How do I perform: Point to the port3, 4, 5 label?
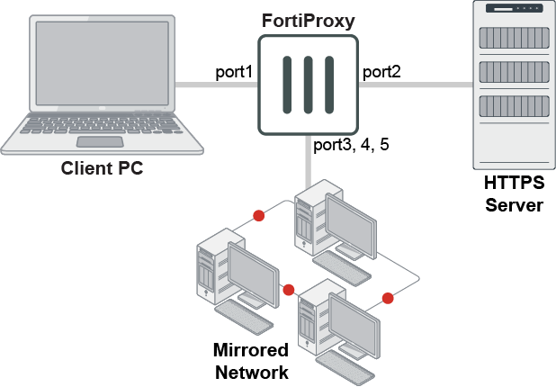[x=351, y=144]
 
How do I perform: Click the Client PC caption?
[x=102, y=167]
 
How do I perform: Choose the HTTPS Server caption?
[x=514, y=193]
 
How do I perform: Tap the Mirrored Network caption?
[x=249, y=361]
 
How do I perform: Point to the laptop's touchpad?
[x=100, y=142]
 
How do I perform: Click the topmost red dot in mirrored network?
[x=259, y=216]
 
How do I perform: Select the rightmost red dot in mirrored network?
[x=388, y=298]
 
